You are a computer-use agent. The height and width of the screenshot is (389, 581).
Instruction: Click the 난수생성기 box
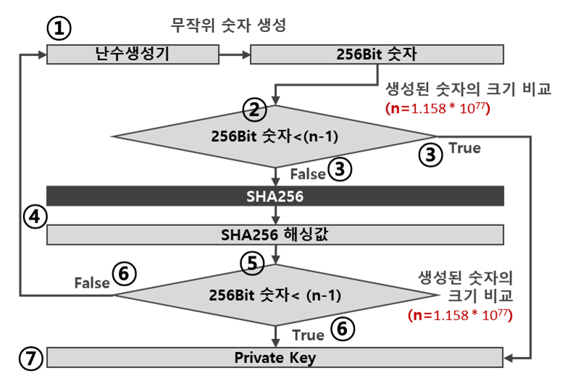coord(132,54)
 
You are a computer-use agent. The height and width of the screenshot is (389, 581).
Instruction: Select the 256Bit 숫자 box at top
coord(377,54)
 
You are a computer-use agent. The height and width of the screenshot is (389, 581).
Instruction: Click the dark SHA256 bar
coord(275,196)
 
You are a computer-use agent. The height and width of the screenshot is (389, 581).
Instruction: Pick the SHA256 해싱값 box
coord(275,235)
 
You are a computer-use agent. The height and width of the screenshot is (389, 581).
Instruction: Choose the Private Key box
coord(275,357)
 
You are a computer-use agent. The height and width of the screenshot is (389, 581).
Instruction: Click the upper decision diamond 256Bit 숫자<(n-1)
coord(275,135)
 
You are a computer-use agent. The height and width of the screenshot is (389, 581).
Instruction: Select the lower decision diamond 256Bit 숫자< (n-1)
coord(275,296)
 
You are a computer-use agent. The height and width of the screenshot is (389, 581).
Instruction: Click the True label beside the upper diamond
coord(464,148)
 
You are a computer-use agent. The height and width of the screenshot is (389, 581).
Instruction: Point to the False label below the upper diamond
coord(307,175)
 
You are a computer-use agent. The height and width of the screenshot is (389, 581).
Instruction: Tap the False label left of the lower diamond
coord(93,283)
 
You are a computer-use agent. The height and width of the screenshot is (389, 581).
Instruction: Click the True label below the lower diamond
coord(307,335)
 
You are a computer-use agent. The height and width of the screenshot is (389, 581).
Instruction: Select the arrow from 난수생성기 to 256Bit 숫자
coord(234,54)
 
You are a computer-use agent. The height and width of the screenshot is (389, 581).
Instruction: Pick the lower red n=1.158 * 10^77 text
coord(460,315)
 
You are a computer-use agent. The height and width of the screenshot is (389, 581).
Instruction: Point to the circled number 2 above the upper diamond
coord(255,112)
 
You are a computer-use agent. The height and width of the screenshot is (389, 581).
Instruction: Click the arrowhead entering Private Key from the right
coord(509,357)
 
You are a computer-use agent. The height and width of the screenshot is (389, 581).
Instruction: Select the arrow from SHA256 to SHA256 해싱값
coord(276,215)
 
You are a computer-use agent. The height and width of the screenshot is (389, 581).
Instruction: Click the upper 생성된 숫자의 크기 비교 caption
coord(467,90)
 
